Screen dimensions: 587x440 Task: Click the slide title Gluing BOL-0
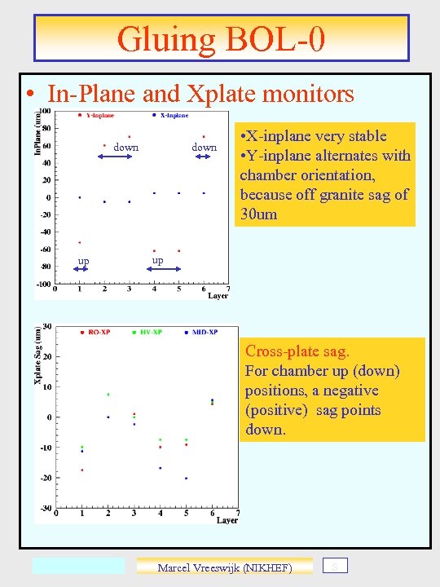(221, 38)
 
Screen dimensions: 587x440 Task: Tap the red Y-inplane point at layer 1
(80, 242)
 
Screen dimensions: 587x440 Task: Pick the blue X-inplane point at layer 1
(80, 197)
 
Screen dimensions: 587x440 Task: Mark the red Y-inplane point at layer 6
(204, 136)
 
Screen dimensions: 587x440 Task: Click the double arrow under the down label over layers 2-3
(115, 157)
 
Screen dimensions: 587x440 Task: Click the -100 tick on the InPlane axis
(43, 284)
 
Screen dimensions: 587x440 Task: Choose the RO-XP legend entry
(99, 332)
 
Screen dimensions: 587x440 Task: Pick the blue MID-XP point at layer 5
(186, 479)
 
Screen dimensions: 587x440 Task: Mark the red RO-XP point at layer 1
(81, 470)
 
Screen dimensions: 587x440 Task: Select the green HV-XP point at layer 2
(108, 395)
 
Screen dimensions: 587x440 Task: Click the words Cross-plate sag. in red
(297, 351)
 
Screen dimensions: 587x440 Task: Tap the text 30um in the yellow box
(258, 214)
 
